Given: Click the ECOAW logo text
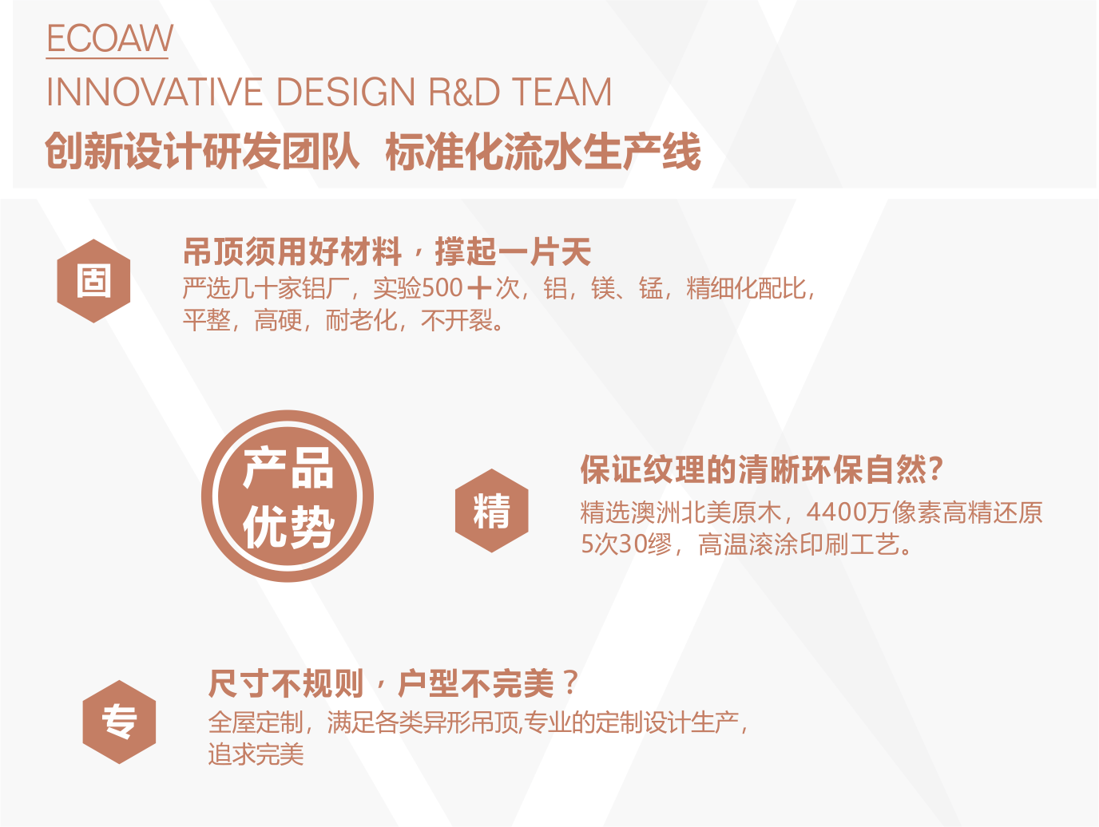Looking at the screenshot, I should [x=109, y=38].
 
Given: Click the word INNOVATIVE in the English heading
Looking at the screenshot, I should [x=154, y=93].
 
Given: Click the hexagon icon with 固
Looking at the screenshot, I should [x=94, y=281].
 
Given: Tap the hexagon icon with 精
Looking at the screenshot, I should [x=492, y=511].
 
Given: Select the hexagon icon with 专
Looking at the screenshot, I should [x=119, y=722].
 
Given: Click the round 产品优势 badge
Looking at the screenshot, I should [x=288, y=497].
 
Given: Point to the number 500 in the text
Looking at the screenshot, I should [x=442, y=288].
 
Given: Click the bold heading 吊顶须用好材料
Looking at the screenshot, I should [x=292, y=252].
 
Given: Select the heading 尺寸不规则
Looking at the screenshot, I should [x=285, y=684].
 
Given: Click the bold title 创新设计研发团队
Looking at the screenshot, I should [x=202, y=152].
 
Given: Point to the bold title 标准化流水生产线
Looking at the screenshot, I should [x=543, y=152].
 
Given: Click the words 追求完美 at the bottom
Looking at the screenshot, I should [x=256, y=754].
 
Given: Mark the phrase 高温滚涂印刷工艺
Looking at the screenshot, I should [x=799, y=545].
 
